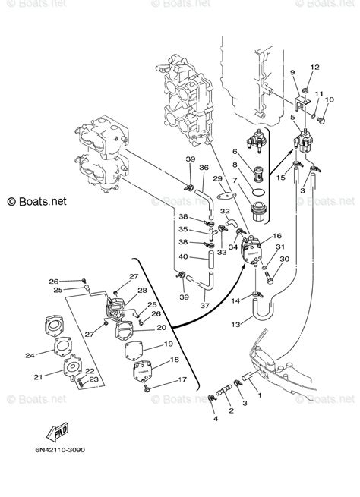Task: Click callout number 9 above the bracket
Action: coord(292,72)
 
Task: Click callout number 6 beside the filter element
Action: coord(235,152)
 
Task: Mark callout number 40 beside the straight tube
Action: coord(182,256)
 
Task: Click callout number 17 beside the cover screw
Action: coord(182,379)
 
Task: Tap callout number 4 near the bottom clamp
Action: coord(214,418)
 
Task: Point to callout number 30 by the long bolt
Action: coord(283,260)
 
